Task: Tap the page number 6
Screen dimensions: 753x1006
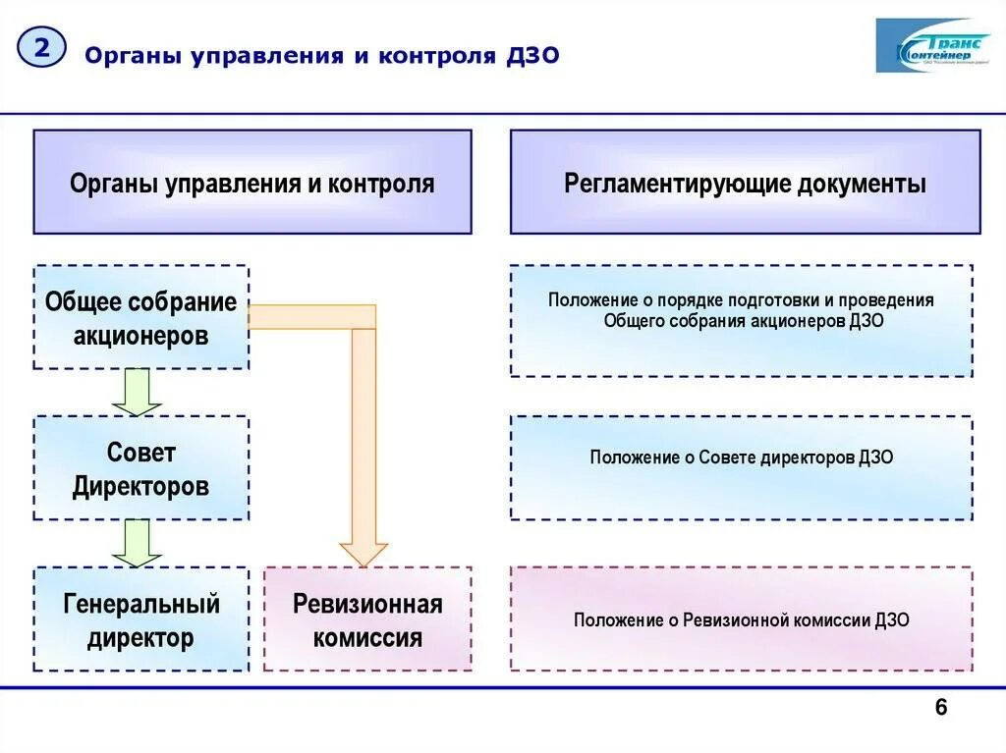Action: [x=940, y=709]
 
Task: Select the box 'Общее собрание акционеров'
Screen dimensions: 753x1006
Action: [x=140, y=317]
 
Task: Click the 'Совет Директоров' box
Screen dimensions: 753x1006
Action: [x=140, y=468]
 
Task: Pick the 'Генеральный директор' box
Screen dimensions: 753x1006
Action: [x=140, y=619]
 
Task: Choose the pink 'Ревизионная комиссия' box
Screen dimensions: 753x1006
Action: [x=367, y=619]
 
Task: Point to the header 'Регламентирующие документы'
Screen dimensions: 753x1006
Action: [x=745, y=183]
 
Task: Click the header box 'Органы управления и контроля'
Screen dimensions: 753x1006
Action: [x=251, y=183]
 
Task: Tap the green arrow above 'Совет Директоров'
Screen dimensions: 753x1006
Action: [x=137, y=392]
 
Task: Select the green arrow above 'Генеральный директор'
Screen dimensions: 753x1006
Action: [x=137, y=543]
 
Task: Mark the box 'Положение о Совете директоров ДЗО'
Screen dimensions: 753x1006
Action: [x=741, y=467]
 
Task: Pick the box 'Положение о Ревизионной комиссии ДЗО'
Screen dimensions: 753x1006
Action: [x=741, y=619]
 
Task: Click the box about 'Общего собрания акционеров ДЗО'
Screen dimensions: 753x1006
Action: [x=741, y=320]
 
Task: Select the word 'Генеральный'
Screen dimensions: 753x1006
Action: [x=141, y=604]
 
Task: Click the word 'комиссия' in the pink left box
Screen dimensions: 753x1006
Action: [x=367, y=638]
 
